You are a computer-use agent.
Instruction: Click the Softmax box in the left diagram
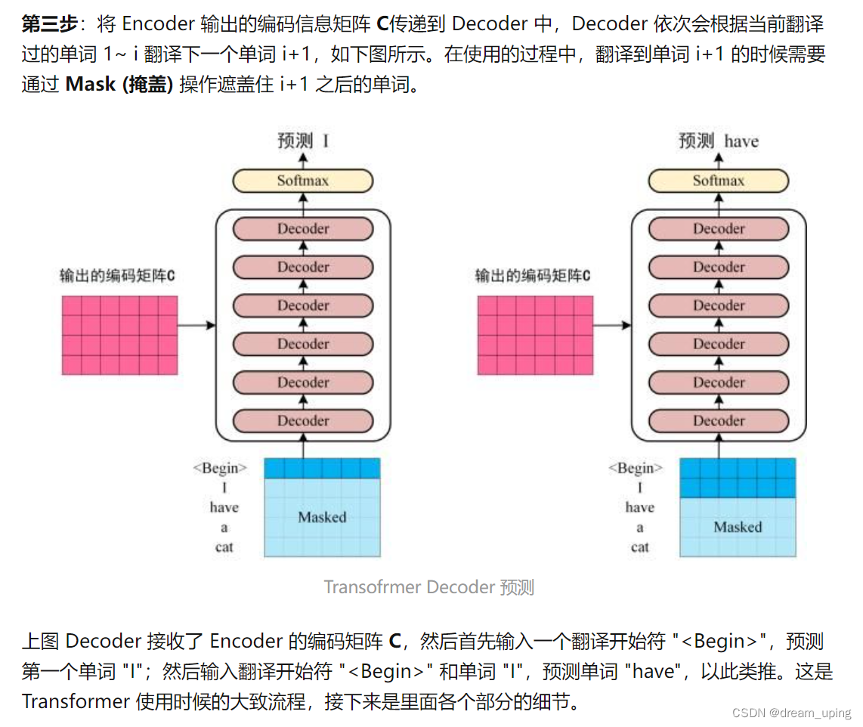point(303,181)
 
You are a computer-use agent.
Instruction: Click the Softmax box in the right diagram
point(719,181)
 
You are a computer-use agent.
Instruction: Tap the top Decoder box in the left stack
point(303,229)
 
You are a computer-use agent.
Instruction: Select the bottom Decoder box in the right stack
point(719,421)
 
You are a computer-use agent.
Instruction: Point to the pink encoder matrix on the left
point(119,335)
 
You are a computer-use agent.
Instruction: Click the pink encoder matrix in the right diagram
point(535,335)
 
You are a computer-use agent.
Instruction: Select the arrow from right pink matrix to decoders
point(612,325)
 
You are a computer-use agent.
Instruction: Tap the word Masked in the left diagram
point(322,518)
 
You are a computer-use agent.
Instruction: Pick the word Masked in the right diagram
point(738,527)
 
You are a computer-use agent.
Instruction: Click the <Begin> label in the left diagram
point(220,469)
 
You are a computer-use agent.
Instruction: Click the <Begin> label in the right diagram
point(636,469)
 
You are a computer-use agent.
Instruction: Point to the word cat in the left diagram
point(224,547)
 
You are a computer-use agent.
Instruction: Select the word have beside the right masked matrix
point(640,508)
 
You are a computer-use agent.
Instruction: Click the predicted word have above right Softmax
point(741,141)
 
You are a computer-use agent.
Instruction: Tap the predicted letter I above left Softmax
point(326,141)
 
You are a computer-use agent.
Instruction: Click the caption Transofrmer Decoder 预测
point(429,587)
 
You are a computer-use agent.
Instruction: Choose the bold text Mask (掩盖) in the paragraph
point(119,85)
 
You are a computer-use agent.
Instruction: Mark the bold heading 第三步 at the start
point(49,24)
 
